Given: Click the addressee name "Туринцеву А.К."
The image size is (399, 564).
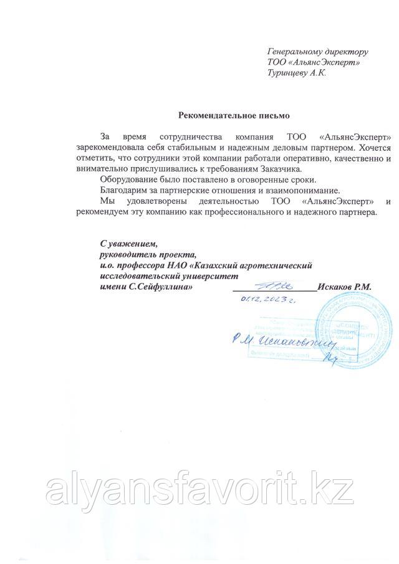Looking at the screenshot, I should click(296, 72).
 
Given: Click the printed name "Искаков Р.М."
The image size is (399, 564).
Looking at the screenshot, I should click(344, 287).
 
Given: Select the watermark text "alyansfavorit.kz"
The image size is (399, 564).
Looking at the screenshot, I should click(199, 492).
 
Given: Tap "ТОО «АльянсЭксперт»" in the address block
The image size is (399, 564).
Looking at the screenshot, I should click(313, 62).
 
